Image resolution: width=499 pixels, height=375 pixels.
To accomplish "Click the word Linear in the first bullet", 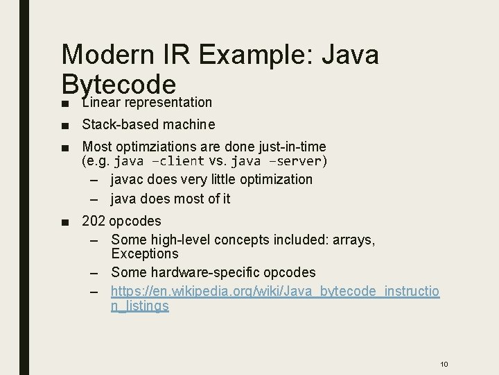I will tap(102, 103).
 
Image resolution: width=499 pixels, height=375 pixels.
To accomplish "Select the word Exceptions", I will tap(145, 253).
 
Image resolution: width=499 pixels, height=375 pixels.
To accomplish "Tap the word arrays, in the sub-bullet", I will tap(353, 240).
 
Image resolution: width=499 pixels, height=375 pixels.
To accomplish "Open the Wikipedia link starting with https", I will tap(275, 291).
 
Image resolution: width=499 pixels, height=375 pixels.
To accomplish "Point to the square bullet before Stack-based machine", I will tap(64, 126).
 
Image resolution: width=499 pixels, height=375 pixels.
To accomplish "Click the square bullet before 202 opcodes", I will tap(64, 222).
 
